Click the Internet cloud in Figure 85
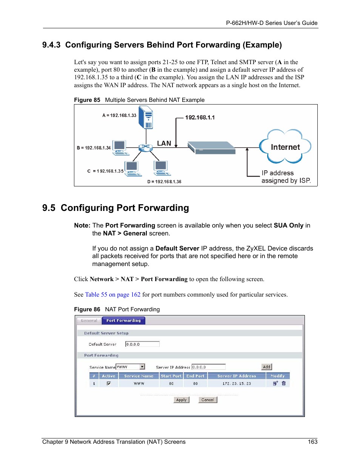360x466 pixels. tap(285, 147)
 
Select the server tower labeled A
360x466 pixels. tap(146, 117)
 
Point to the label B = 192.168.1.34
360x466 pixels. tap(94, 148)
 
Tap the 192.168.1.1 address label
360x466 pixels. tap(200, 117)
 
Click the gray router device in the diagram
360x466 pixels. tap(211, 148)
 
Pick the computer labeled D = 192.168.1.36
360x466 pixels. tap(162, 168)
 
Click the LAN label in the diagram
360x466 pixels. tap(164, 143)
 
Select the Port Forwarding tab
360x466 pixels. tap(123, 321)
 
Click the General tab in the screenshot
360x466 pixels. tap(89, 321)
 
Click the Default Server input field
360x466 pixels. tap(142, 344)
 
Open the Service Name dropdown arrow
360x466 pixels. tap(142, 367)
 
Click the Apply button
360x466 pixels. tap(182, 400)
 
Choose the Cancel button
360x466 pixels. tap(208, 400)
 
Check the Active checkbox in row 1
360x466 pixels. tap(109, 383)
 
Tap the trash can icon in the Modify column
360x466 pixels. tap(284, 383)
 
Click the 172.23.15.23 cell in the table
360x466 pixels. tap(237, 383)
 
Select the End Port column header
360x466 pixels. tap(195, 376)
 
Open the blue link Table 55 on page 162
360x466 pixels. tap(113, 295)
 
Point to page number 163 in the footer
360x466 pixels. tap(312, 442)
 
